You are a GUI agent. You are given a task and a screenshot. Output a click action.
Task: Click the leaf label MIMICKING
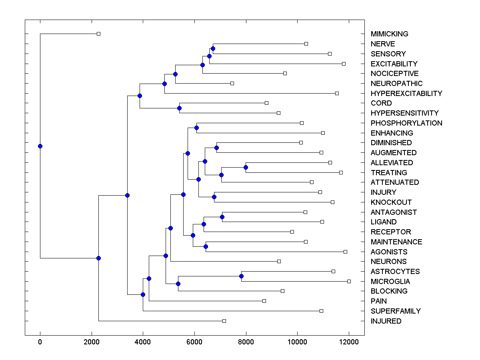point(389,34)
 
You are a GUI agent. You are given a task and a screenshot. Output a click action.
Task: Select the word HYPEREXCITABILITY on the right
point(406,93)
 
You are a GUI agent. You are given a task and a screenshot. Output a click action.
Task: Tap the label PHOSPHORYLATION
point(406,123)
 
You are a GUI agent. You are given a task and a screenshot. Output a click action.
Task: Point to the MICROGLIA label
point(390,281)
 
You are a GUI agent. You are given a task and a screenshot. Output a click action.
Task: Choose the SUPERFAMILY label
point(396,311)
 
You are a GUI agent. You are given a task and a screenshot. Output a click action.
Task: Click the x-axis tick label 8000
point(246,342)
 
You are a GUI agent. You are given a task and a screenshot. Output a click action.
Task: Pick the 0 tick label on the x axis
point(40,342)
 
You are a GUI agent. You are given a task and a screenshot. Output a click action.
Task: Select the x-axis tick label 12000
point(349,342)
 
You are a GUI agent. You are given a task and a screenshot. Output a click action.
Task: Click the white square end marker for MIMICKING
point(99,34)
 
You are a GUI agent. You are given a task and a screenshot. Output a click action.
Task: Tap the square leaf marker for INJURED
point(224,321)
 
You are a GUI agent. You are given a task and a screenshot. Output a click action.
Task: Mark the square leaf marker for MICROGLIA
point(349,281)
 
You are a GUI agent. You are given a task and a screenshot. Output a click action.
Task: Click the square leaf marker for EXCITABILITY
point(344,64)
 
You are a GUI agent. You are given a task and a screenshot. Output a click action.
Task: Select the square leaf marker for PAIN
point(264,301)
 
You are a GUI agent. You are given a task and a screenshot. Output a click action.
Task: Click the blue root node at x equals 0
point(40,146)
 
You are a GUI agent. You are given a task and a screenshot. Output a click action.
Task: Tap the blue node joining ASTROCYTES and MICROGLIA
point(241,276)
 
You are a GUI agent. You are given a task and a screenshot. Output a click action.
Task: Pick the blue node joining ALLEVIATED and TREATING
point(246,167)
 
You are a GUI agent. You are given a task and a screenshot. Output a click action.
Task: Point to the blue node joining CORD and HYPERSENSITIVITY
point(180,108)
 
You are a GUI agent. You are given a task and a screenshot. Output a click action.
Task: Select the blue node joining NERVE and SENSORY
point(213,48)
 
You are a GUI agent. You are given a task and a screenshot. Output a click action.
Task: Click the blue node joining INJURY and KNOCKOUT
point(214,197)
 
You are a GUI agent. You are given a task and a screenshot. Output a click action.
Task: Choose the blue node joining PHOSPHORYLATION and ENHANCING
point(196,128)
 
